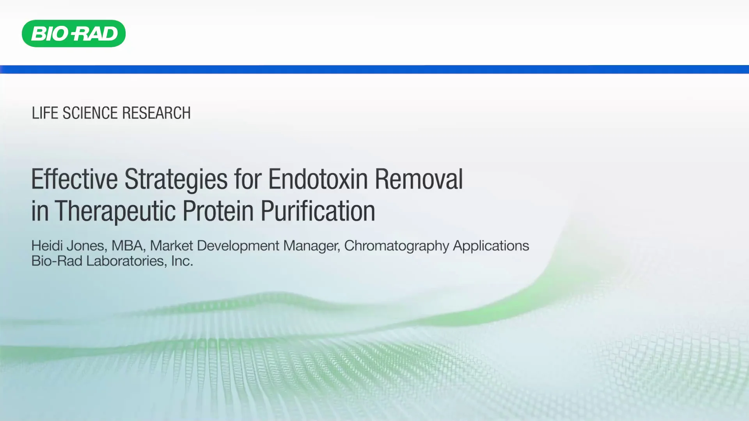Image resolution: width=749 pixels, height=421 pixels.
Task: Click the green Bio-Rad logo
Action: coord(74,34)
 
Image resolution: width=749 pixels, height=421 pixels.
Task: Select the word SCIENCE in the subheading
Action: coord(90,113)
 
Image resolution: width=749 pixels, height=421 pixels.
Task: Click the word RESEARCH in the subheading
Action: coord(156,113)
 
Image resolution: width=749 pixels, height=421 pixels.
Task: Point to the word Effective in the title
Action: coord(74,179)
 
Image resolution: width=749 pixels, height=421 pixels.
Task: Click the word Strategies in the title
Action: coord(176,179)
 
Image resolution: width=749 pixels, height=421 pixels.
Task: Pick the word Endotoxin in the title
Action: coord(318,179)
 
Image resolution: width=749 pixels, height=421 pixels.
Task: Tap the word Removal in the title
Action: coord(419,179)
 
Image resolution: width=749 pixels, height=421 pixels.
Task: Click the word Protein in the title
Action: coord(218,211)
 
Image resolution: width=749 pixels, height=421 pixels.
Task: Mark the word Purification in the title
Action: coord(318,211)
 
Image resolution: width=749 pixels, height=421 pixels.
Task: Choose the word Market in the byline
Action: coord(171,246)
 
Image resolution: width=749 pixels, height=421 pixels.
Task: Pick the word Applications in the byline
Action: coord(491,246)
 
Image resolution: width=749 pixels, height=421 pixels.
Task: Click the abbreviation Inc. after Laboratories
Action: coord(182,261)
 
